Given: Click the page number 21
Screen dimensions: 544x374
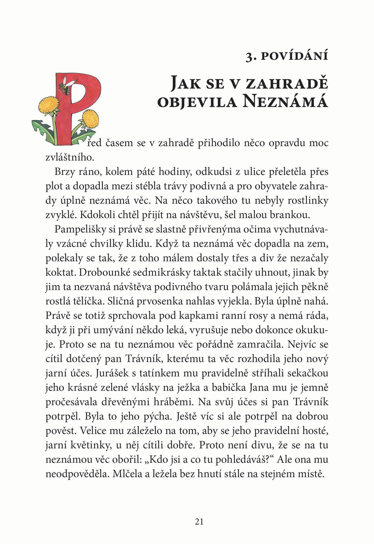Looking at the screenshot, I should [x=199, y=522].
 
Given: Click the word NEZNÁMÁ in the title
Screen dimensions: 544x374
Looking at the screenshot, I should [x=285, y=102].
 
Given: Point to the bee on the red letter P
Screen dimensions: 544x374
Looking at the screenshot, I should [x=64, y=87].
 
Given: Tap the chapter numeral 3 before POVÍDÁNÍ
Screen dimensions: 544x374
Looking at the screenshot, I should [x=249, y=56].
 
